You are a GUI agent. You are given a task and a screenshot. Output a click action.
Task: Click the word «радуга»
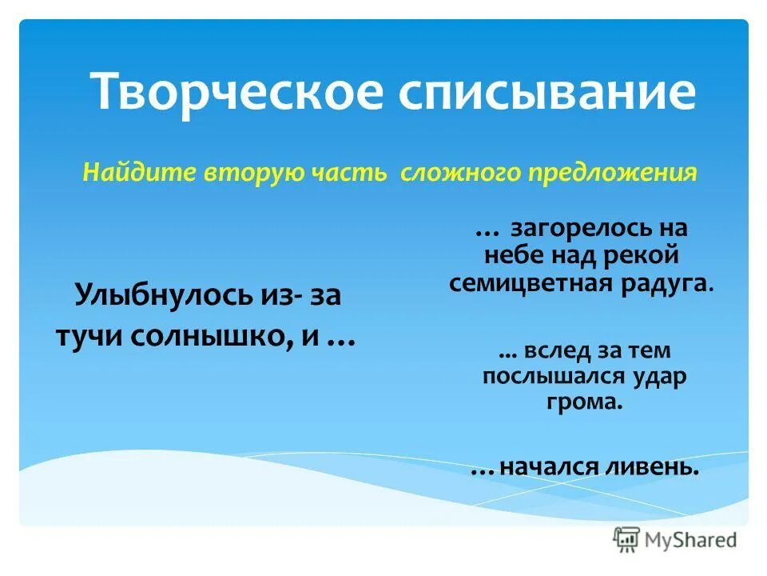[667, 283]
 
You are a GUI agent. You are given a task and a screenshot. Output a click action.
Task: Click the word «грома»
[585, 402]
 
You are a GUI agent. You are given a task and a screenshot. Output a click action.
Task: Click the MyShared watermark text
[692, 540]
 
